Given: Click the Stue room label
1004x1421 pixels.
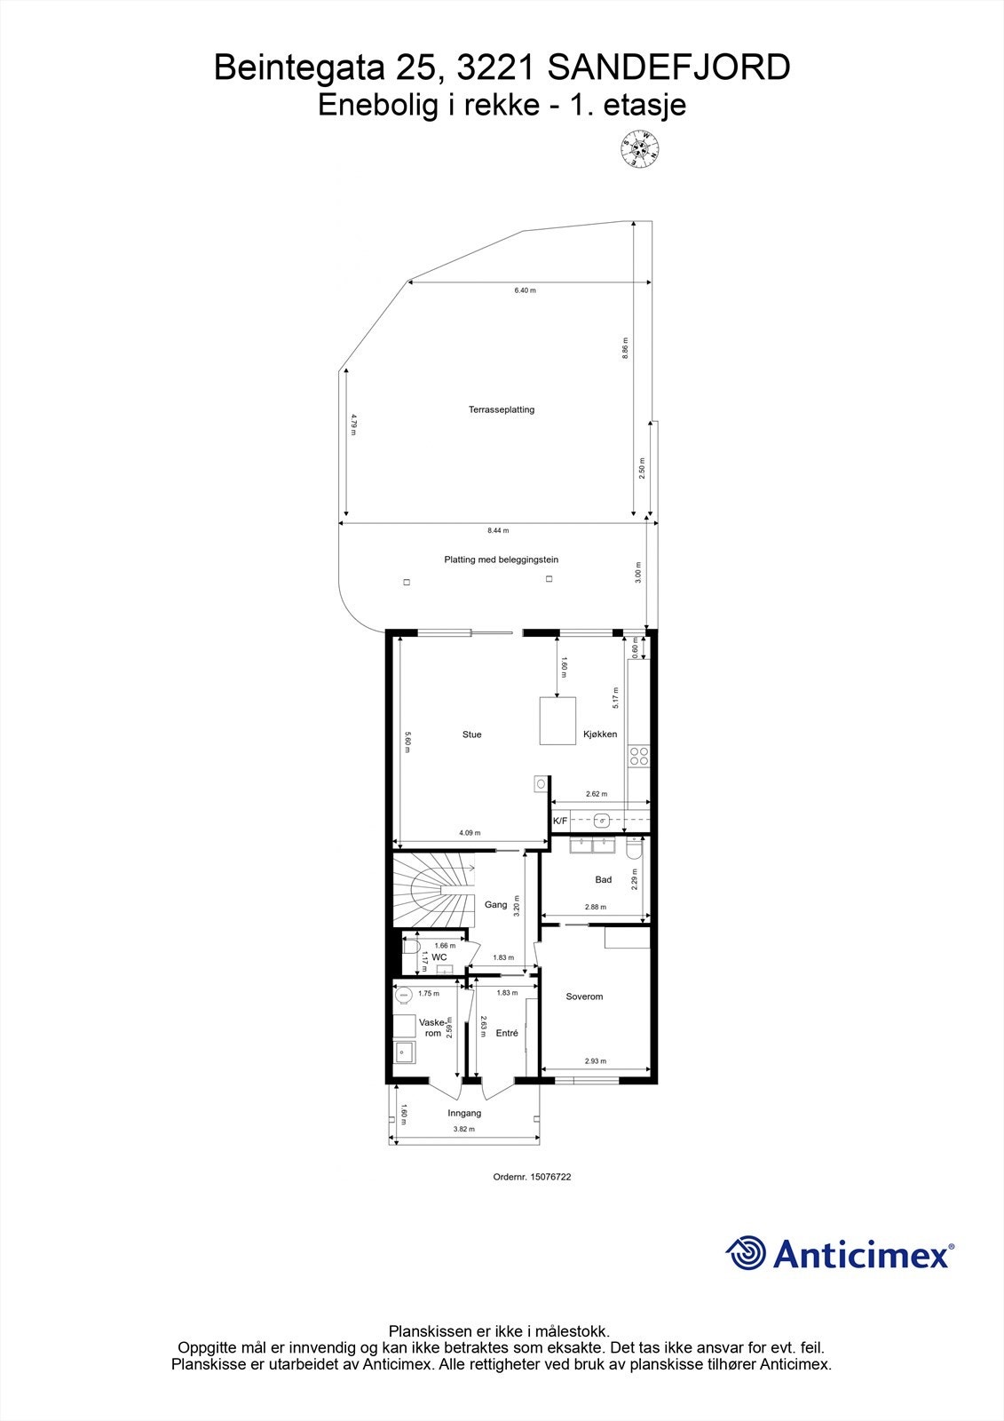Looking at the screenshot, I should [x=471, y=734].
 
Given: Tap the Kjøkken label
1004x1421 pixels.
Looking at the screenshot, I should [x=600, y=734].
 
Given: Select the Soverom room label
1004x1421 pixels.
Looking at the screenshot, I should [x=584, y=996].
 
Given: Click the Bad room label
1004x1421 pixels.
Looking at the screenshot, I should [x=604, y=880].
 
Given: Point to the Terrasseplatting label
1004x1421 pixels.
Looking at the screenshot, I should [x=502, y=410].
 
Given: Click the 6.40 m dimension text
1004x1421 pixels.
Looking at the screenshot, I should [x=526, y=290].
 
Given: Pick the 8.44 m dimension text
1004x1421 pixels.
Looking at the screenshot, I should [x=498, y=530].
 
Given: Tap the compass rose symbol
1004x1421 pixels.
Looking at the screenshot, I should [x=639, y=150].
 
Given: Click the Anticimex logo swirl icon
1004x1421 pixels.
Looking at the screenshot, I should [x=746, y=1253].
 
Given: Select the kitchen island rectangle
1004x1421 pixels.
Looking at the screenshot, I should [x=557, y=721].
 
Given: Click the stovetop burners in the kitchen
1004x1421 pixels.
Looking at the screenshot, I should [x=639, y=757].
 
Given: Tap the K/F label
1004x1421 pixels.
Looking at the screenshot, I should [x=560, y=822].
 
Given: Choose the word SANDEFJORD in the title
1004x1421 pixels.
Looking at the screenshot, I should [x=668, y=68].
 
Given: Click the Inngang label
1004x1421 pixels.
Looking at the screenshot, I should [x=464, y=1113].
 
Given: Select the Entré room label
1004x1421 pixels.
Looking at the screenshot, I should [x=507, y=1033].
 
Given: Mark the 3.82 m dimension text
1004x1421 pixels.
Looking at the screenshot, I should [x=464, y=1130].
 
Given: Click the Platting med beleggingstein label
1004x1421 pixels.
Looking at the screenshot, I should [x=502, y=560].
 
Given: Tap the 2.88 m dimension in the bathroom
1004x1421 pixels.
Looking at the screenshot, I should [x=596, y=907].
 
